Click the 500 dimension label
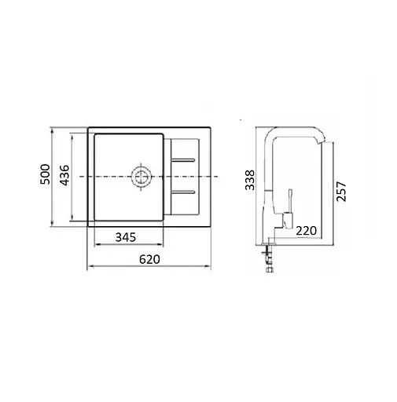45,174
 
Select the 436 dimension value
64,175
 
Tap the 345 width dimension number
126,237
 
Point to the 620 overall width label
149,259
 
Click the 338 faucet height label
250,180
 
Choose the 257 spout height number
341,192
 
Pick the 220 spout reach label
306,231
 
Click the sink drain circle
141,177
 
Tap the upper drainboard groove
183,160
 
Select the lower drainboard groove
183,192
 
